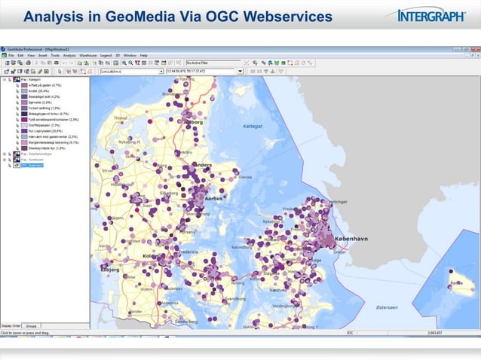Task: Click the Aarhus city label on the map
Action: pos(219,200)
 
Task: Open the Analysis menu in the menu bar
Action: pos(69,55)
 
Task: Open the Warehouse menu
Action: pos(87,55)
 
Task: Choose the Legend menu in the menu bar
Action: pos(105,55)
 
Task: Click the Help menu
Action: pos(142,55)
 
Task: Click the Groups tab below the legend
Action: pos(31,325)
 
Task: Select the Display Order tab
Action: pos(11,325)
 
